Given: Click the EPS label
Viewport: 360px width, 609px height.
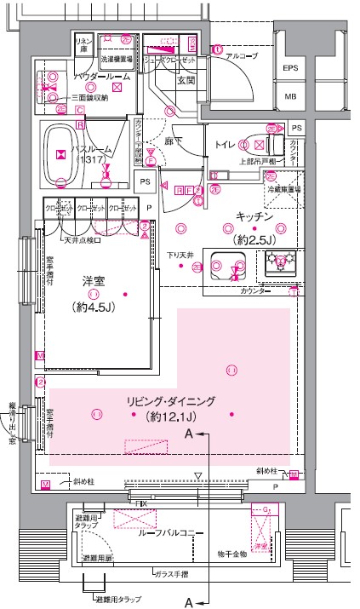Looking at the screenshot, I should pos(290,68).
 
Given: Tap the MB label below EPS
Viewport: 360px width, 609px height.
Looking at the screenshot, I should pos(290,96).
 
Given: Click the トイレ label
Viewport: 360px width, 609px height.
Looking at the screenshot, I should pos(226,145).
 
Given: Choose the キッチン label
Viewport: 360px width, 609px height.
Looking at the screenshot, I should pos(254,215).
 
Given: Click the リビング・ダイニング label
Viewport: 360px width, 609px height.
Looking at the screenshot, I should pos(171,401).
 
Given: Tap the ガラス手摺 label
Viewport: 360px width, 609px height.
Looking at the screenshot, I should pos(170,575).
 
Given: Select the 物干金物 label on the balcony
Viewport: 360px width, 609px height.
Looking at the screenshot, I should pos(231,554).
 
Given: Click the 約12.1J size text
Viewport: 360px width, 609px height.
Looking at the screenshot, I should pos(171,417).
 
